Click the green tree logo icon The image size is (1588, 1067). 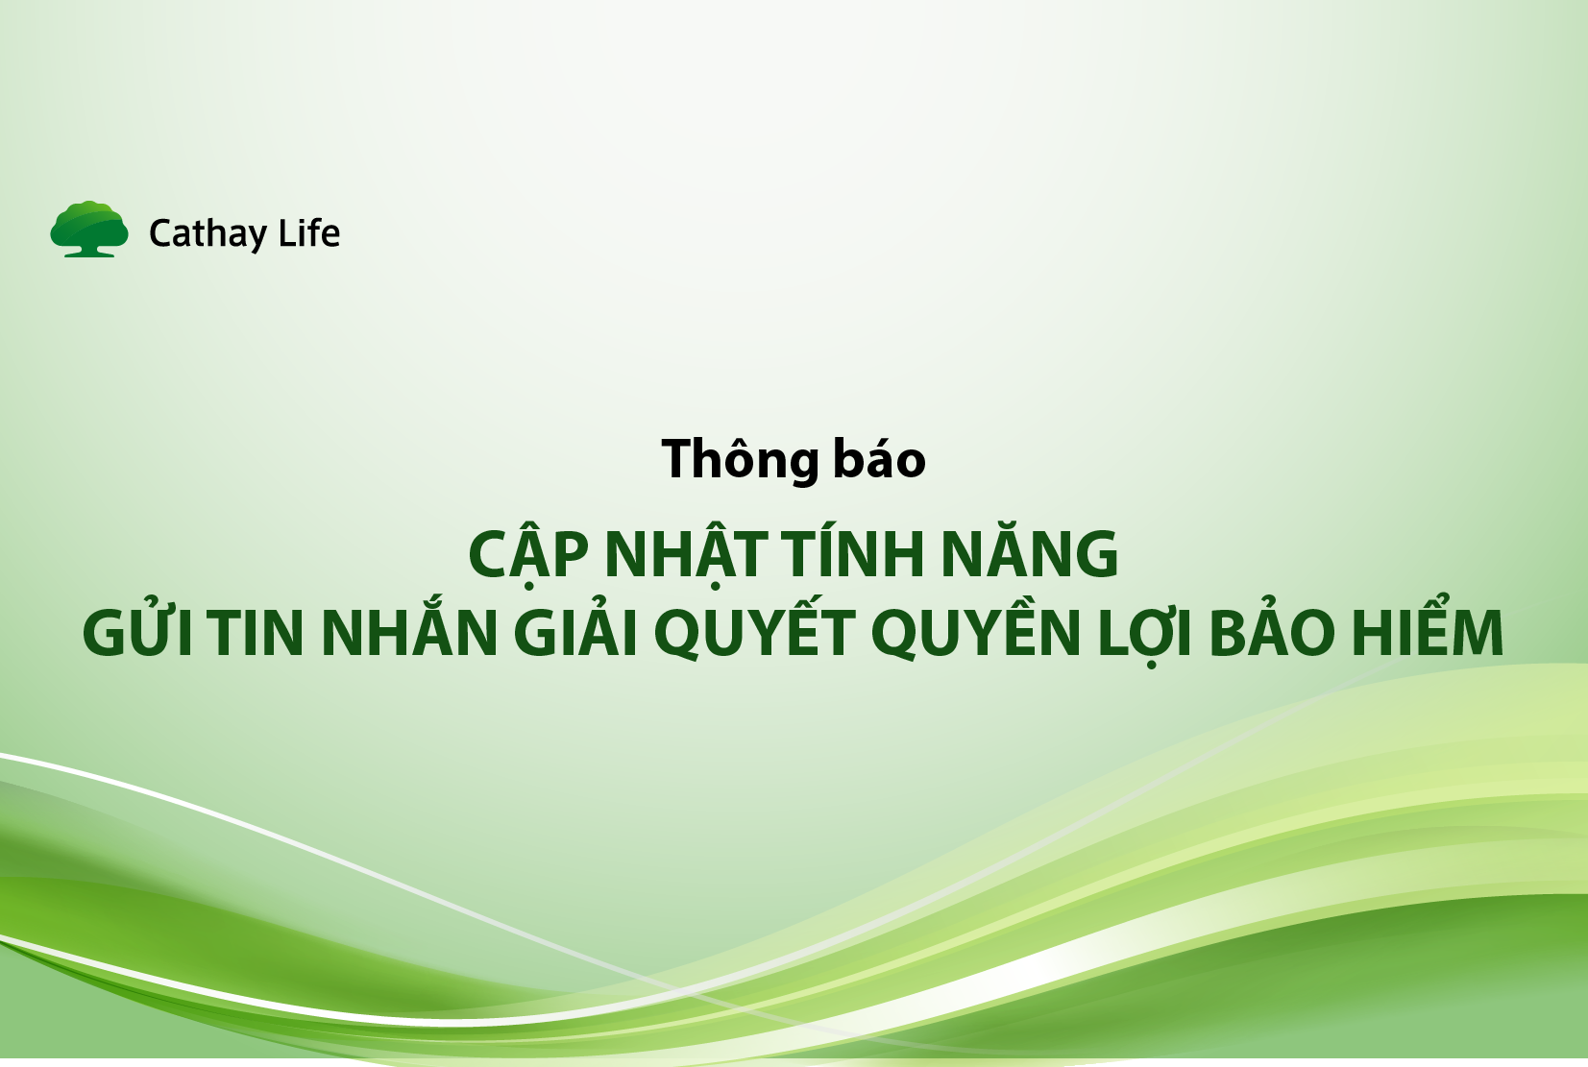click(x=89, y=229)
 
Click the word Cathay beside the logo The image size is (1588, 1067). click(x=208, y=233)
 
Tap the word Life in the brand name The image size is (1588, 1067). click(x=309, y=233)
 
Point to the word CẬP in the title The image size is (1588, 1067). click(x=527, y=555)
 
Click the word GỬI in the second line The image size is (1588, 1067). click(x=140, y=633)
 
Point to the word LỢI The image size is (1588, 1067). click(x=1145, y=633)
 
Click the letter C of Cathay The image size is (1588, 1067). click(x=161, y=233)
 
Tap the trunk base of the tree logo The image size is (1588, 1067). click(x=89, y=252)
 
